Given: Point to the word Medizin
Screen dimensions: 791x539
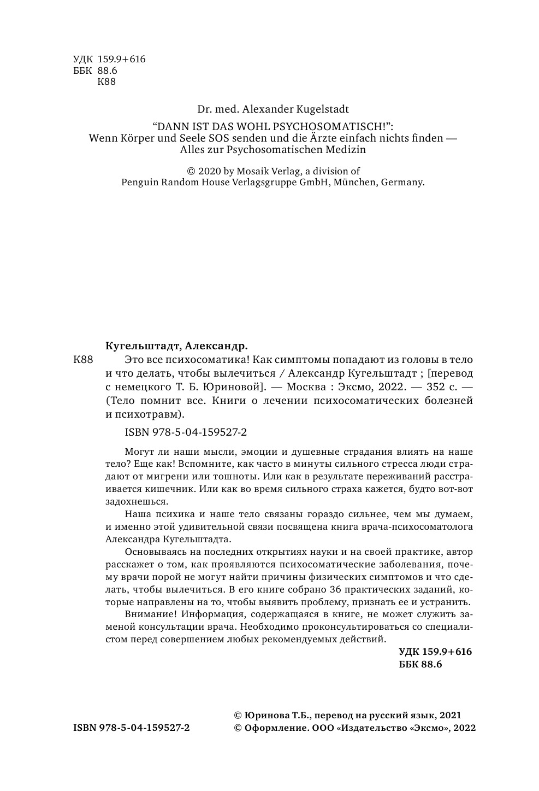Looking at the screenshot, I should coord(346,149).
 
